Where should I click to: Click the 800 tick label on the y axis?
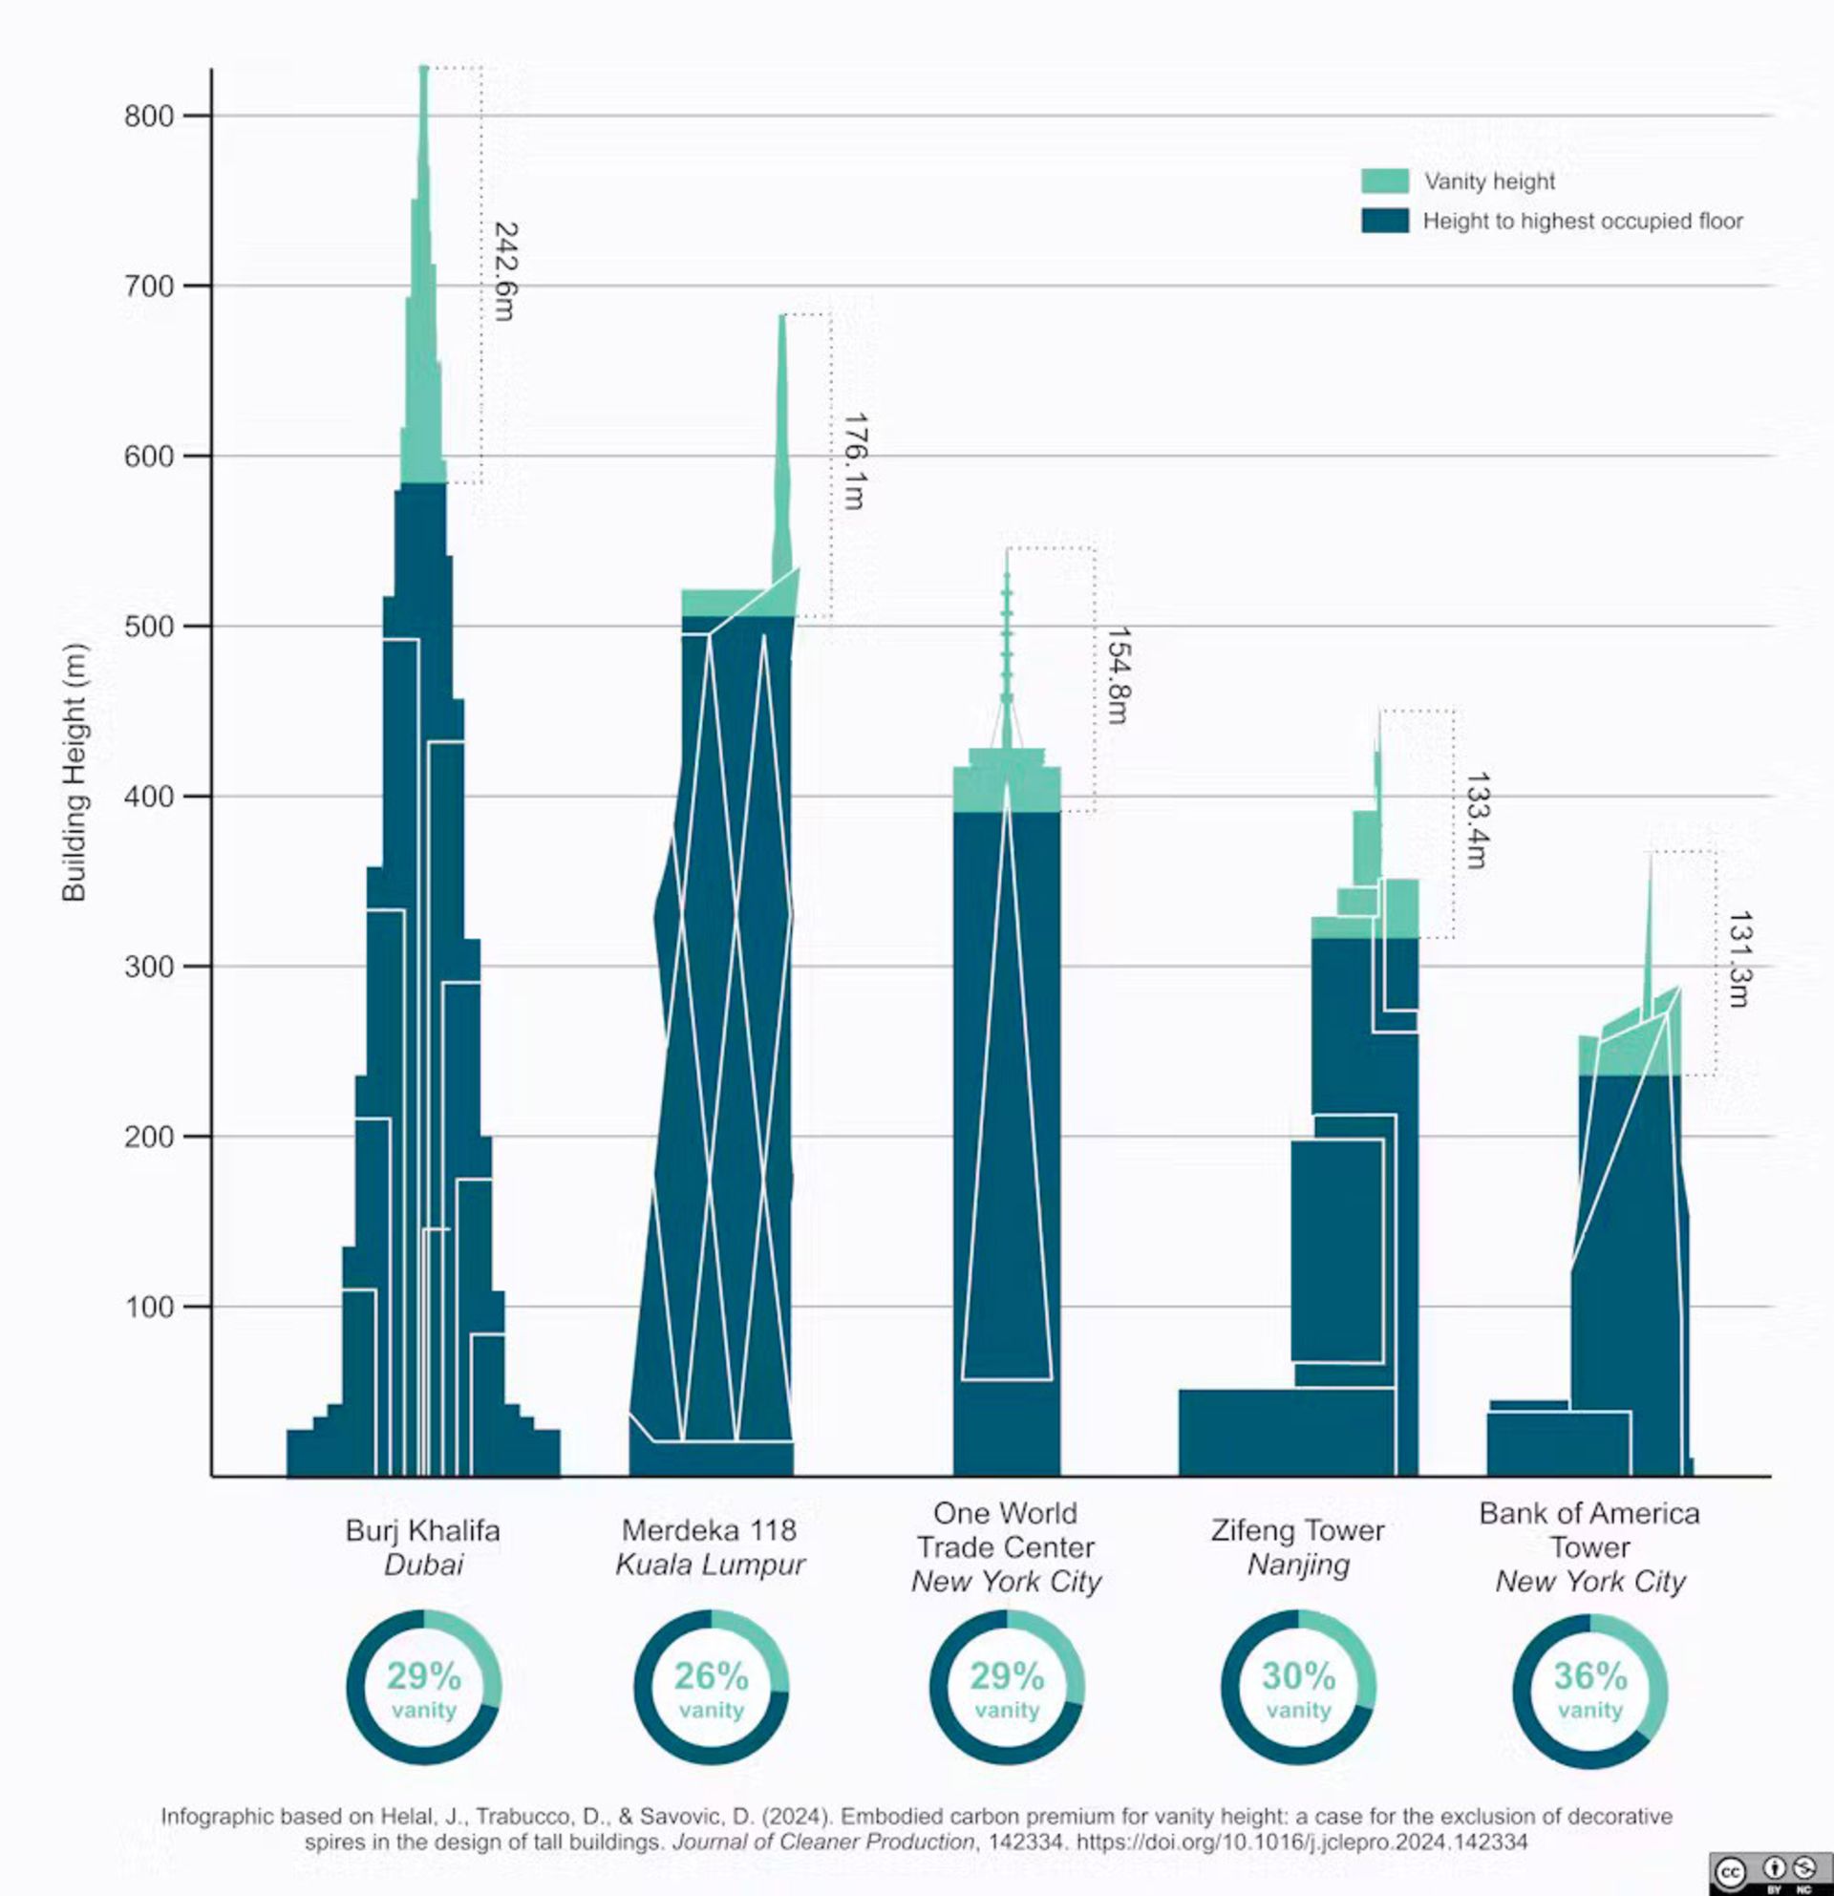point(148,117)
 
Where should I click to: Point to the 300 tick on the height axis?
point(148,967)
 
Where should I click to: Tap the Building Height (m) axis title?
point(75,772)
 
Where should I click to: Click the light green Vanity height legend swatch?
point(1384,181)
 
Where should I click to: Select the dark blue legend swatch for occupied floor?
point(1384,221)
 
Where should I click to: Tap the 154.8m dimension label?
point(1119,674)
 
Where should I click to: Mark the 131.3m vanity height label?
point(1739,959)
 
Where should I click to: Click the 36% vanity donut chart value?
point(1590,1675)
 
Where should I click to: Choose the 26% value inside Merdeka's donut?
point(711,1675)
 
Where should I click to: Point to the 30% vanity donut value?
point(1298,1675)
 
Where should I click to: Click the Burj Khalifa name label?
point(423,1530)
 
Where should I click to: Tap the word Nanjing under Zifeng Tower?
point(1298,1565)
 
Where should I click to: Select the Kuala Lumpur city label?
point(710,1565)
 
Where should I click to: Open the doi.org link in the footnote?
point(1301,1842)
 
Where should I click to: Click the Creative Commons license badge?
point(1769,1873)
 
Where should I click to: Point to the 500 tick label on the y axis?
point(148,626)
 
